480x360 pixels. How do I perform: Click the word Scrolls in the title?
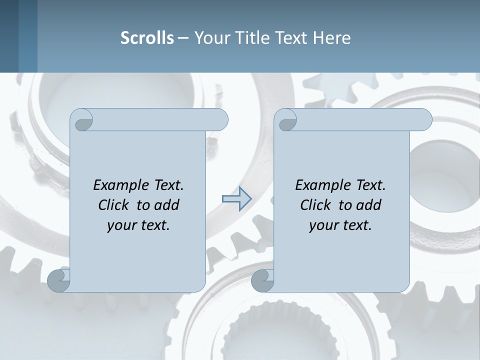(x=147, y=38)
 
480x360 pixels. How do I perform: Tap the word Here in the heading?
(x=332, y=38)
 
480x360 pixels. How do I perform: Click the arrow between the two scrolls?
(x=236, y=198)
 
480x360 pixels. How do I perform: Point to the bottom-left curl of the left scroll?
(x=59, y=281)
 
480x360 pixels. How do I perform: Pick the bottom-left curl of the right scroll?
(x=263, y=281)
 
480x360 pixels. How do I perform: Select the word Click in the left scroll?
(x=114, y=205)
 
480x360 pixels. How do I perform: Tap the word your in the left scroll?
(x=122, y=225)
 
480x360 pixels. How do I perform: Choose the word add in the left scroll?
(x=167, y=205)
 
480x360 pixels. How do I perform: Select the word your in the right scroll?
(x=324, y=225)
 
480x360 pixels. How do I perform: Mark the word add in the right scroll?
(x=369, y=205)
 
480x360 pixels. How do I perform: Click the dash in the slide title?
(x=183, y=38)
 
